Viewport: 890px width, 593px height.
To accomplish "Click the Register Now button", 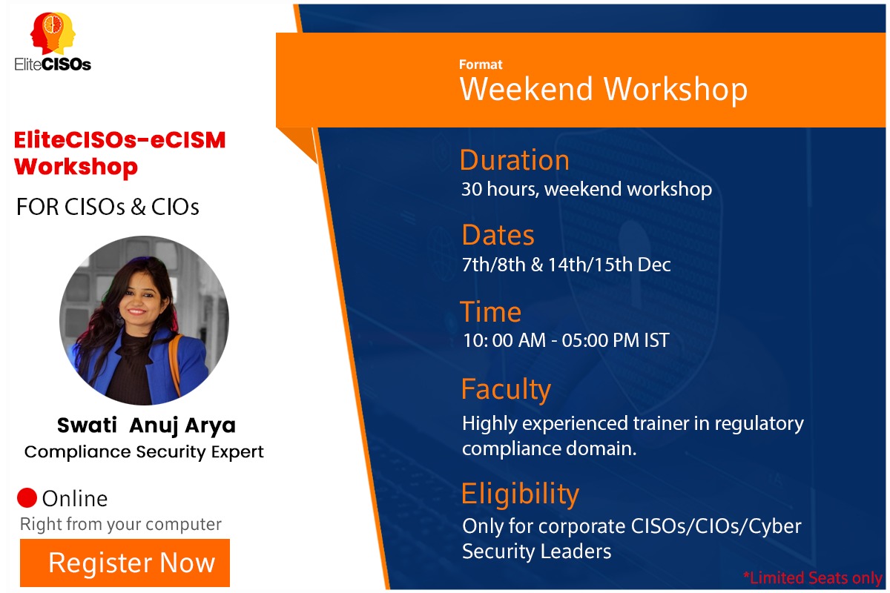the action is [x=125, y=563].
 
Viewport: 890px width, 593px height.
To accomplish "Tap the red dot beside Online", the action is [x=27, y=497].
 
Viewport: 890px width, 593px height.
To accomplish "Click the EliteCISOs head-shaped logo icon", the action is [x=53, y=33].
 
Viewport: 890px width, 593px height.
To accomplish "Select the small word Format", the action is [x=481, y=64].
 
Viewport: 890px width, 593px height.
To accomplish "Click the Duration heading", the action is [x=515, y=160].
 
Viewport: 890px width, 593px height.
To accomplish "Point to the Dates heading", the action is [x=498, y=235].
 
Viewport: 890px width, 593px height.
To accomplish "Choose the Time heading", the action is [x=490, y=312].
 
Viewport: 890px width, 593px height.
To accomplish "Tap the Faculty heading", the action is [x=506, y=390].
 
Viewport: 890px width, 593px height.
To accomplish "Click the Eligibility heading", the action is [x=520, y=494].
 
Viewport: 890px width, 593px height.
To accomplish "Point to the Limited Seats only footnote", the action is [x=813, y=578].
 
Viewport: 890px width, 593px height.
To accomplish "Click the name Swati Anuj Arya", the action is [x=146, y=425].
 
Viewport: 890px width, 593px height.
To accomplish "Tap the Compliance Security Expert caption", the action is [x=144, y=452].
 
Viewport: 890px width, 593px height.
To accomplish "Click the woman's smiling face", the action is [x=139, y=299].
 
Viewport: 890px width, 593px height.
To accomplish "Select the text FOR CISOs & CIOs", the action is [x=108, y=207].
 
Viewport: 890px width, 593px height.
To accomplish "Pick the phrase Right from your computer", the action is [x=121, y=525].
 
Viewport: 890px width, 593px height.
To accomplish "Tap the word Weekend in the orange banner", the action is [x=527, y=88].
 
